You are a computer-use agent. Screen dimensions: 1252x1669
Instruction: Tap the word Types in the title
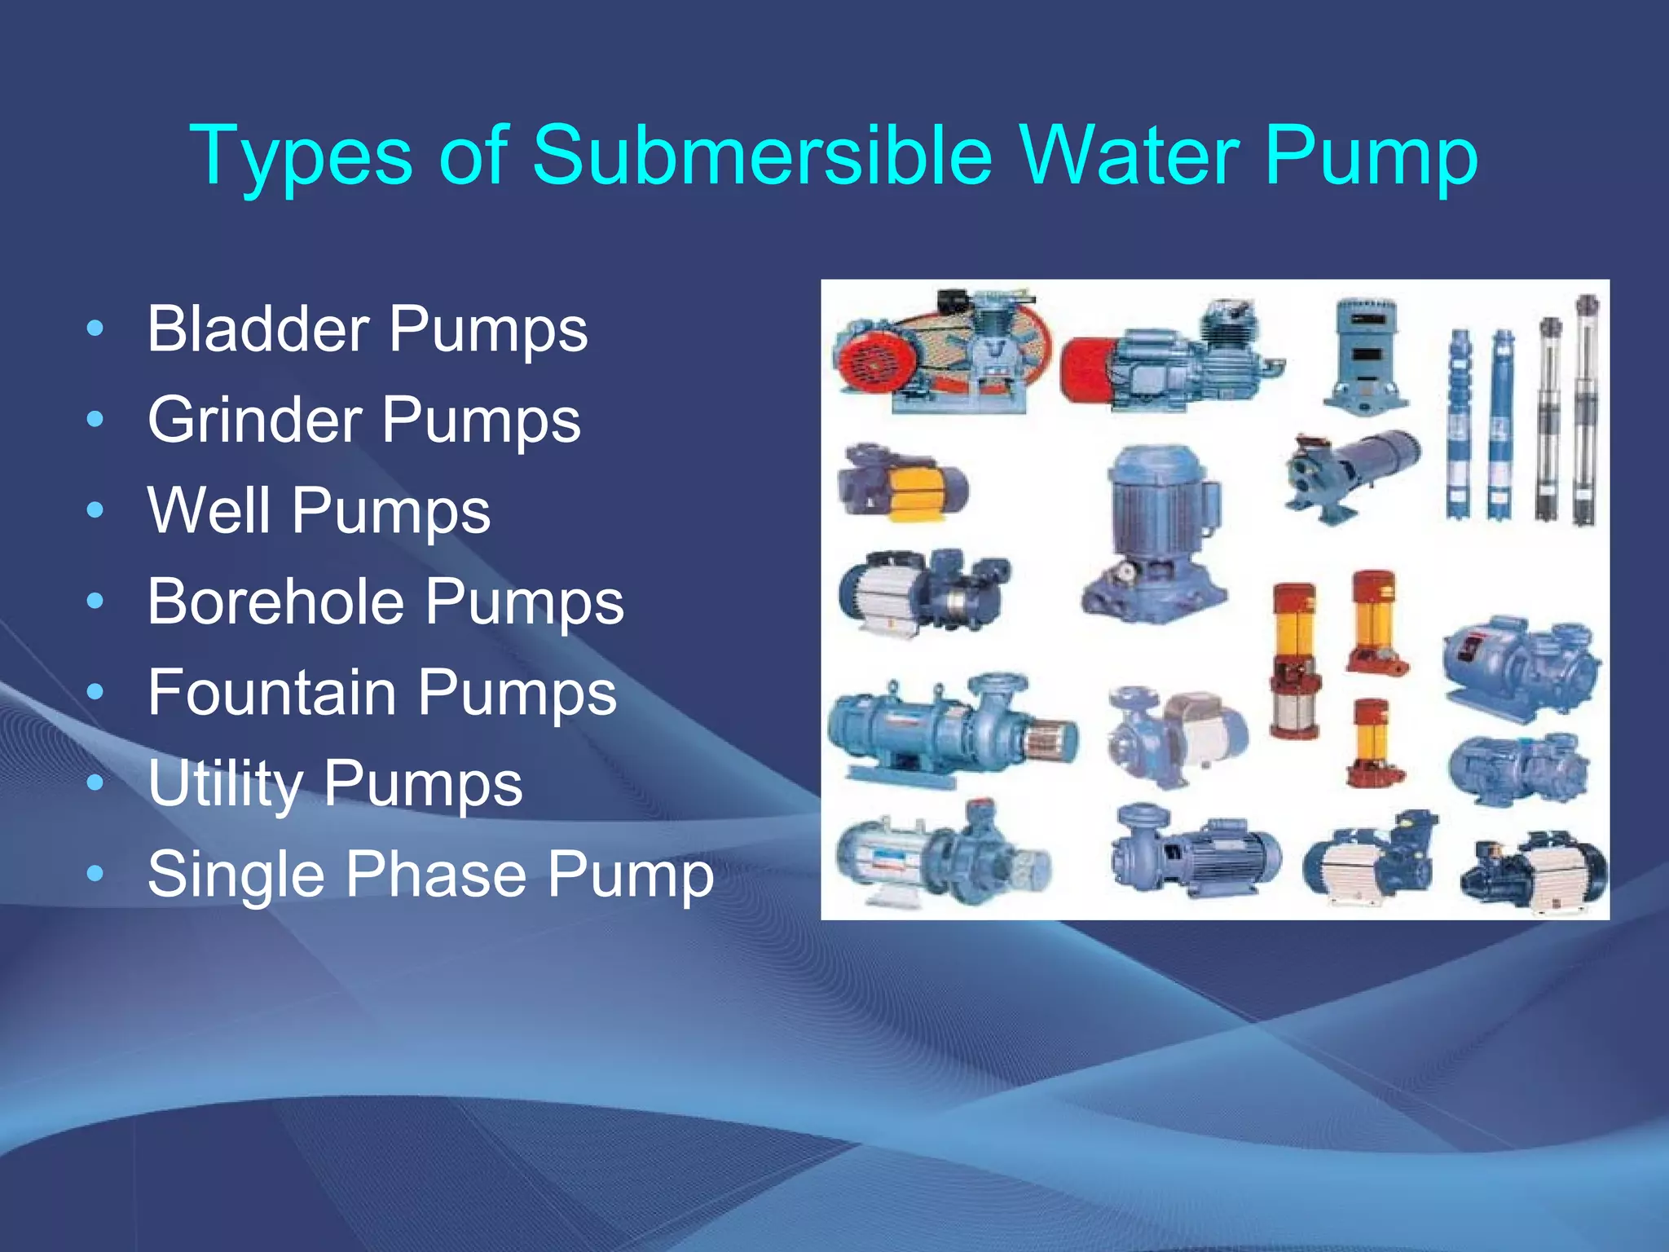(301, 156)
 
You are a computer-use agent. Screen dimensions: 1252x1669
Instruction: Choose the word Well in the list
(209, 511)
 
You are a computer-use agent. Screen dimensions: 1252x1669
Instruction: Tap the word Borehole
(275, 602)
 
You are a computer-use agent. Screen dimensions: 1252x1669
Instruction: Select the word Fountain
(272, 693)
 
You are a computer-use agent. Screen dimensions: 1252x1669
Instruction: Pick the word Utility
(225, 784)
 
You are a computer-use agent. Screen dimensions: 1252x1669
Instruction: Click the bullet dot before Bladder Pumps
(95, 329)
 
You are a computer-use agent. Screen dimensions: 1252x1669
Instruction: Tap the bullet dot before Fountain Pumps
(95, 693)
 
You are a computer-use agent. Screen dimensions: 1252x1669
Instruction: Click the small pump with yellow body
(902, 483)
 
